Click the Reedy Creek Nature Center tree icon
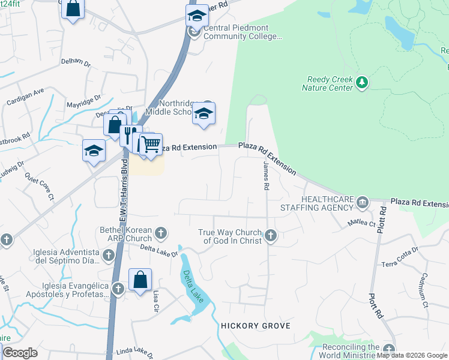361,82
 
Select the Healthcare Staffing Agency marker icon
362,203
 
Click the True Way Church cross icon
271,236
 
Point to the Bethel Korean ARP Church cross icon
160,232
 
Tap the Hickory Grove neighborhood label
256,326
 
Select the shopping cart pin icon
151,145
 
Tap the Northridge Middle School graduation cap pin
204,113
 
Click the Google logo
20,353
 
